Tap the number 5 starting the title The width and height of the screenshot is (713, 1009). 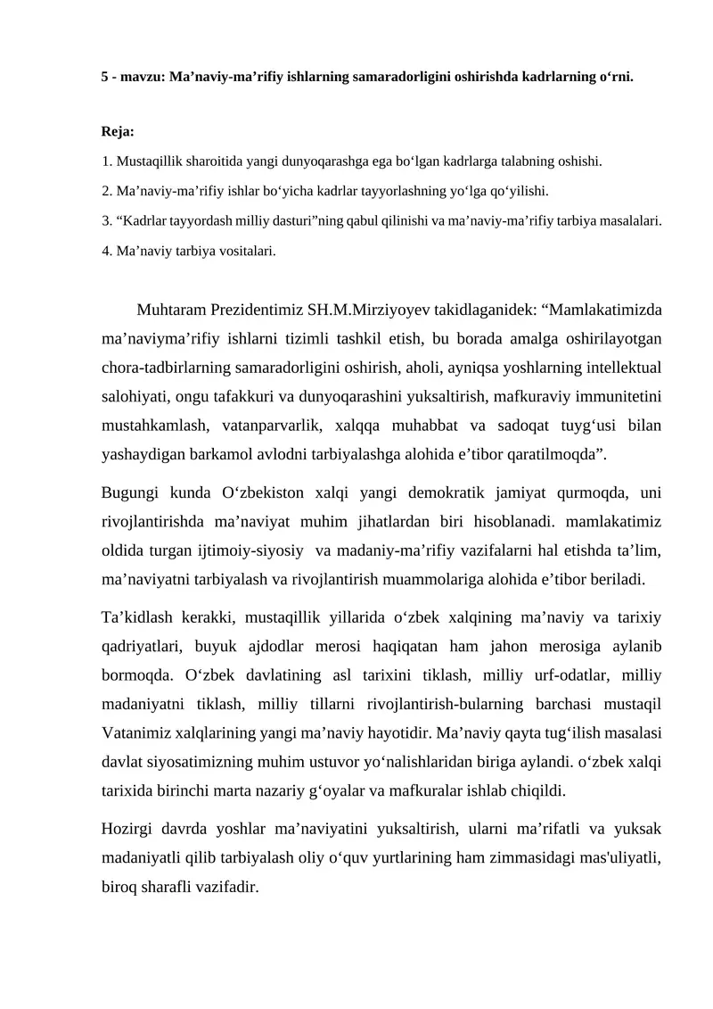[103, 77]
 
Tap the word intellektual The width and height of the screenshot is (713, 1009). [619, 368]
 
